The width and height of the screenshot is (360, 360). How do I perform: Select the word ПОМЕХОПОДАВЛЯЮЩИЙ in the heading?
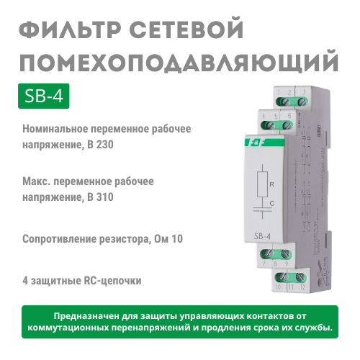pyautogui.click(x=179, y=60)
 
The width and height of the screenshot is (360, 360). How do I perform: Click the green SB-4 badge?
pyautogui.click(x=44, y=96)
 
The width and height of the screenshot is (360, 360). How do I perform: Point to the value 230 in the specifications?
pyautogui.click(x=104, y=145)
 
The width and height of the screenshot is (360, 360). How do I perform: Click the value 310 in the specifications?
pyautogui.click(x=104, y=197)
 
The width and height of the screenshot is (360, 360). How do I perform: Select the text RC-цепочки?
pyautogui.click(x=112, y=281)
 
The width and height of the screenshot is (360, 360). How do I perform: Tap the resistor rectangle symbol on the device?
pyautogui.click(x=263, y=184)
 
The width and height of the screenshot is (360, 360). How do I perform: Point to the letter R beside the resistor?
pyautogui.click(x=271, y=184)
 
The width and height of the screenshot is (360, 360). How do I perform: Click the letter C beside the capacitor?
pyautogui.click(x=271, y=204)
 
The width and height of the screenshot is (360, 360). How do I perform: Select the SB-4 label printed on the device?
pyautogui.click(x=262, y=236)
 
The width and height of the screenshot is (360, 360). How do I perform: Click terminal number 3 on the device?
pyautogui.click(x=304, y=92)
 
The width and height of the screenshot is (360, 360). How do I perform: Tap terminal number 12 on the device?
pyautogui.click(x=302, y=287)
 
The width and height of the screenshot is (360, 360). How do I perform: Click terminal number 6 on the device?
pyautogui.click(x=289, y=116)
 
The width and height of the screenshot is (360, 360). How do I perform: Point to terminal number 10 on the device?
pyautogui.click(x=279, y=287)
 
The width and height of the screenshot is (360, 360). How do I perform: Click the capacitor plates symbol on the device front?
pyautogui.click(x=263, y=210)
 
